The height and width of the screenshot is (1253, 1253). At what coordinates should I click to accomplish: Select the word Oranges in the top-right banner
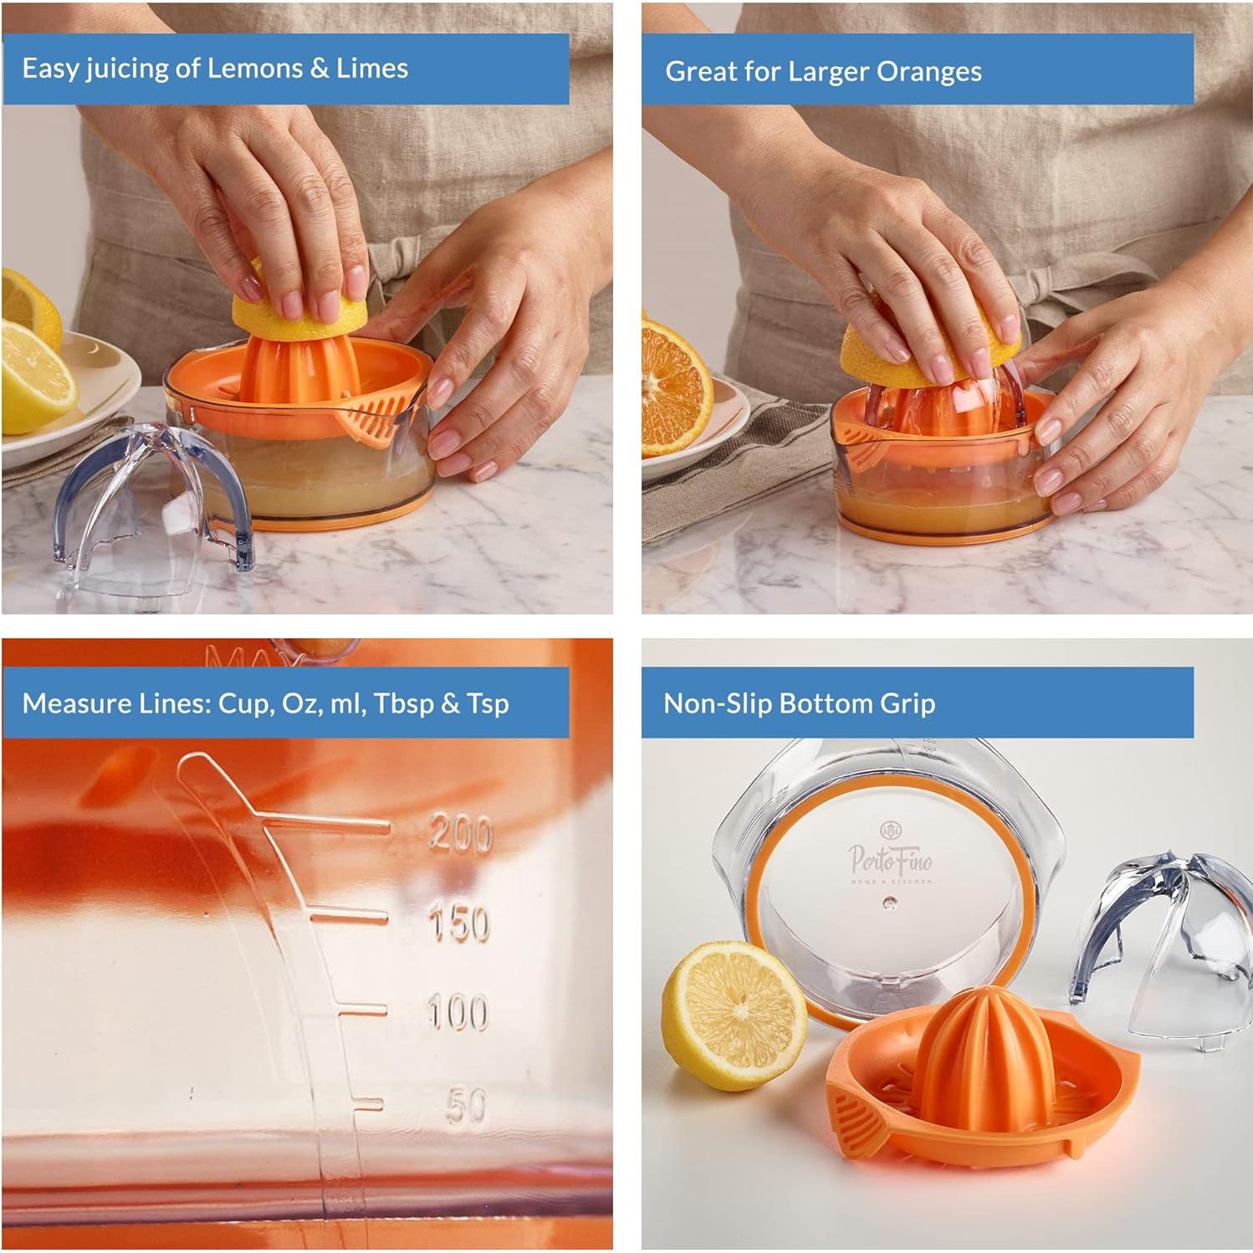tap(928, 72)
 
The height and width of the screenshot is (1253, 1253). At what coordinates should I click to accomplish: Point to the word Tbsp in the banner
tap(405, 703)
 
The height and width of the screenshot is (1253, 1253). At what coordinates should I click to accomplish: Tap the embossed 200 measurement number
tap(460, 834)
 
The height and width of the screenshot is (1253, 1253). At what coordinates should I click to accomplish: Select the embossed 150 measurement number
tap(458, 924)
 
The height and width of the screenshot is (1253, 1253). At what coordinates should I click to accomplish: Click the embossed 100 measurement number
tap(457, 1012)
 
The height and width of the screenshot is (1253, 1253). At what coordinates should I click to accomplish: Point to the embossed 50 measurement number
tap(466, 1106)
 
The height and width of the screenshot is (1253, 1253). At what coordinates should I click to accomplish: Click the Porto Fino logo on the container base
tap(890, 857)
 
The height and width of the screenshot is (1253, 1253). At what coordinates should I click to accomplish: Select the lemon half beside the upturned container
tap(734, 1015)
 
